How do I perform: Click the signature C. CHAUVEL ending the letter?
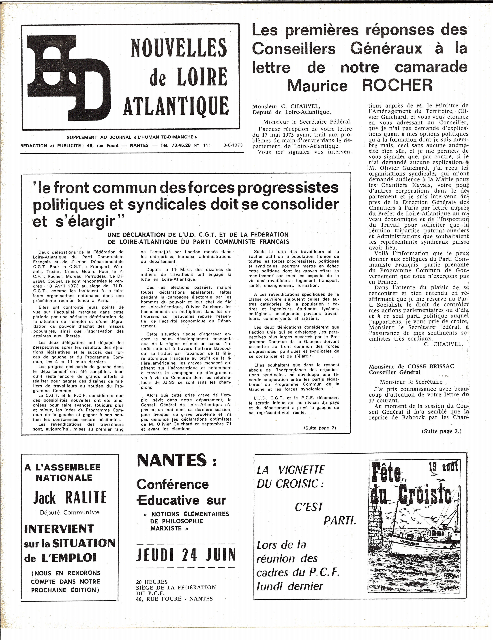point(443,344)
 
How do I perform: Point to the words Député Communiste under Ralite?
point(70,513)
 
